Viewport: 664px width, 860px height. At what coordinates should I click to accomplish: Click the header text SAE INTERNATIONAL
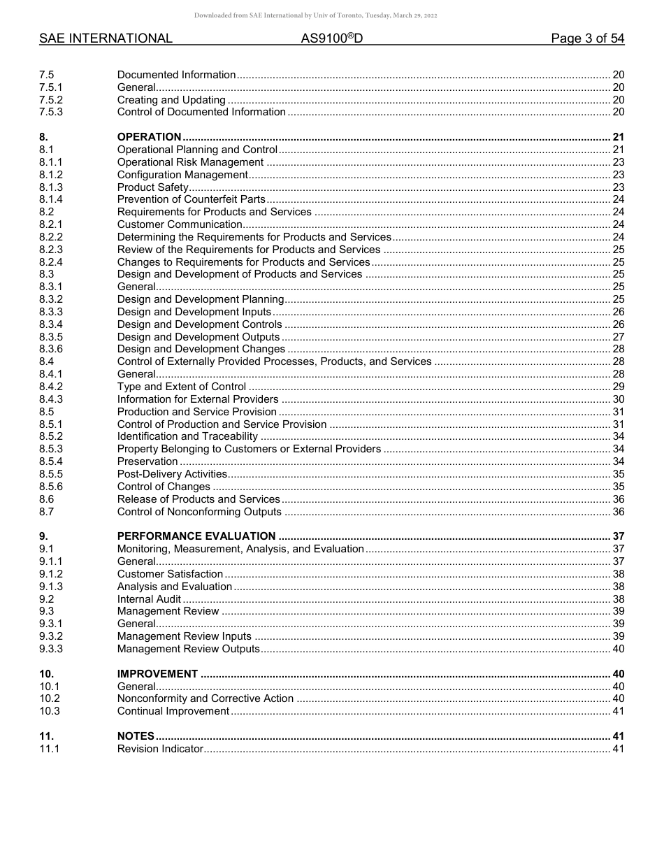click(106, 38)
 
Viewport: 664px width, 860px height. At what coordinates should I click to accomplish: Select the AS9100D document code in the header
click(332, 38)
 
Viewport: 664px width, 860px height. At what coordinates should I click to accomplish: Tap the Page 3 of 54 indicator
click(587, 38)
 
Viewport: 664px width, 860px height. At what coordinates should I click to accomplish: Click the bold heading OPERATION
click(149, 137)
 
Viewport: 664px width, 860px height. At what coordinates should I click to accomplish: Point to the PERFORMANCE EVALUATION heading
click(196, 536)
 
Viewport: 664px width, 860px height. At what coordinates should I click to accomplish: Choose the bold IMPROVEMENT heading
click(157, 674)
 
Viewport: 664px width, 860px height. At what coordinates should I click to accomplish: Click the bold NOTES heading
click(136, 736)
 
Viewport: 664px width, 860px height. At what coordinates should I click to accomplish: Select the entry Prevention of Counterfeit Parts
click(192, 199)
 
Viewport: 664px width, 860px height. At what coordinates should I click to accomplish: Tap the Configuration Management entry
click(182, 175)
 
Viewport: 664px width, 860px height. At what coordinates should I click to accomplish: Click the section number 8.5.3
click(51, 449)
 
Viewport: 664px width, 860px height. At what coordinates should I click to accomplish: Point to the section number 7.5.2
click(51, 100)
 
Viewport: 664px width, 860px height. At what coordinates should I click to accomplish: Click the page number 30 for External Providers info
click(618, 399)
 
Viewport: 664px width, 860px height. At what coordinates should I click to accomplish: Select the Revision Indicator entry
click(160, 749)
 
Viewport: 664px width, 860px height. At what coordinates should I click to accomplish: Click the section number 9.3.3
click(51, 649)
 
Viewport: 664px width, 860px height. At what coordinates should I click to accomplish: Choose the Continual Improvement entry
click(173, 711)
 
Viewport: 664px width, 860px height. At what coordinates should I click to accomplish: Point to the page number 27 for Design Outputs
click(618, 337)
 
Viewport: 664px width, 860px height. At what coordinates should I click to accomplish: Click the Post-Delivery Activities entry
click(172, 474)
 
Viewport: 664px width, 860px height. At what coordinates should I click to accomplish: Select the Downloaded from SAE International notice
click(315, 15)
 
